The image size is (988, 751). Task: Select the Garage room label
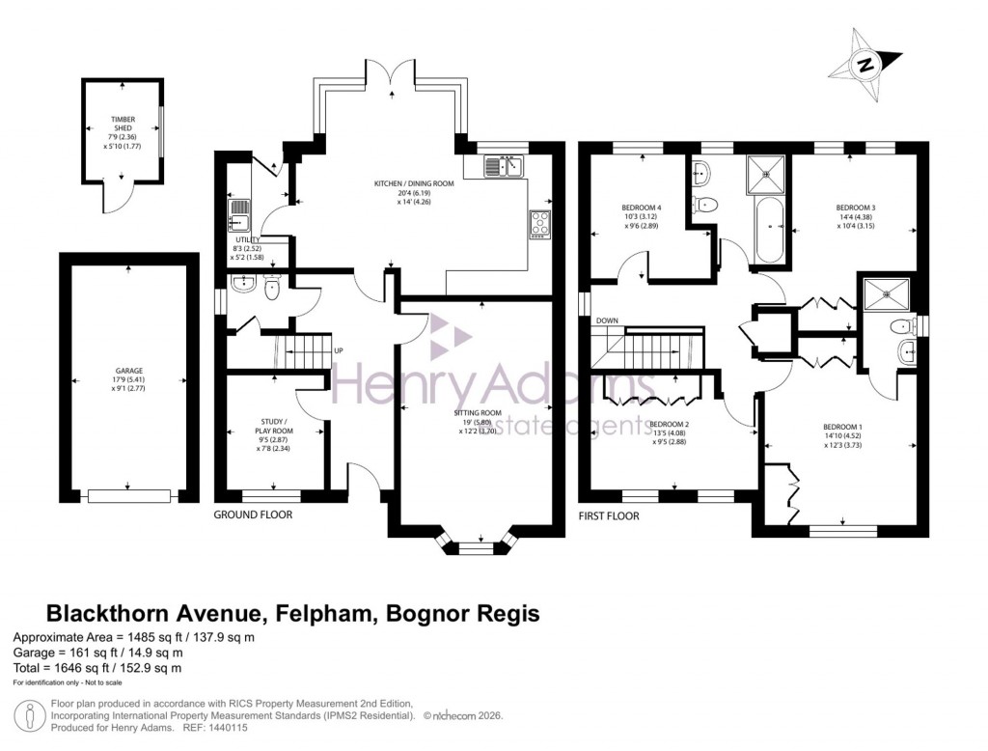coord(130,371)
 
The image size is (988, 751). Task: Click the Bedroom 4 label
coord(642,208)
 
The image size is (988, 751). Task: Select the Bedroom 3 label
coord(855,208)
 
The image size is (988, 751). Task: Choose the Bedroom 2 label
coord(669,424)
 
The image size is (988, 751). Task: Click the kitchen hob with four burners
coord(537,224)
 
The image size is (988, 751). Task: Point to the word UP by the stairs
coord(338,350)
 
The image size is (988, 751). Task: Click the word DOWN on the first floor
coord(607,320)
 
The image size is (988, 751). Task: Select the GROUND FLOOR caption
coord(253,515)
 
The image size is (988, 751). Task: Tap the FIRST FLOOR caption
coord(608,515)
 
